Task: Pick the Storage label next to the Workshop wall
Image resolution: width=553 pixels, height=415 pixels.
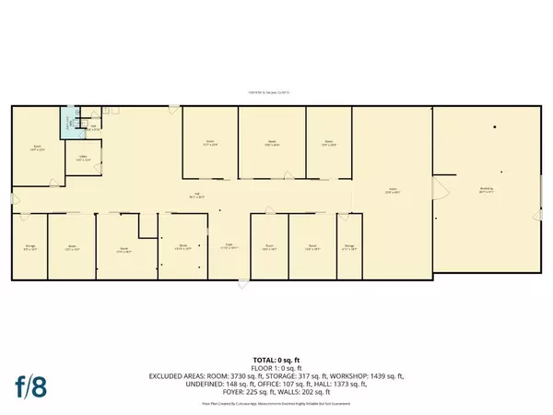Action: (x=349, y=246)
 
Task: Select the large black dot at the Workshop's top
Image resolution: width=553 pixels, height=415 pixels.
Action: (x=493, y=127)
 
